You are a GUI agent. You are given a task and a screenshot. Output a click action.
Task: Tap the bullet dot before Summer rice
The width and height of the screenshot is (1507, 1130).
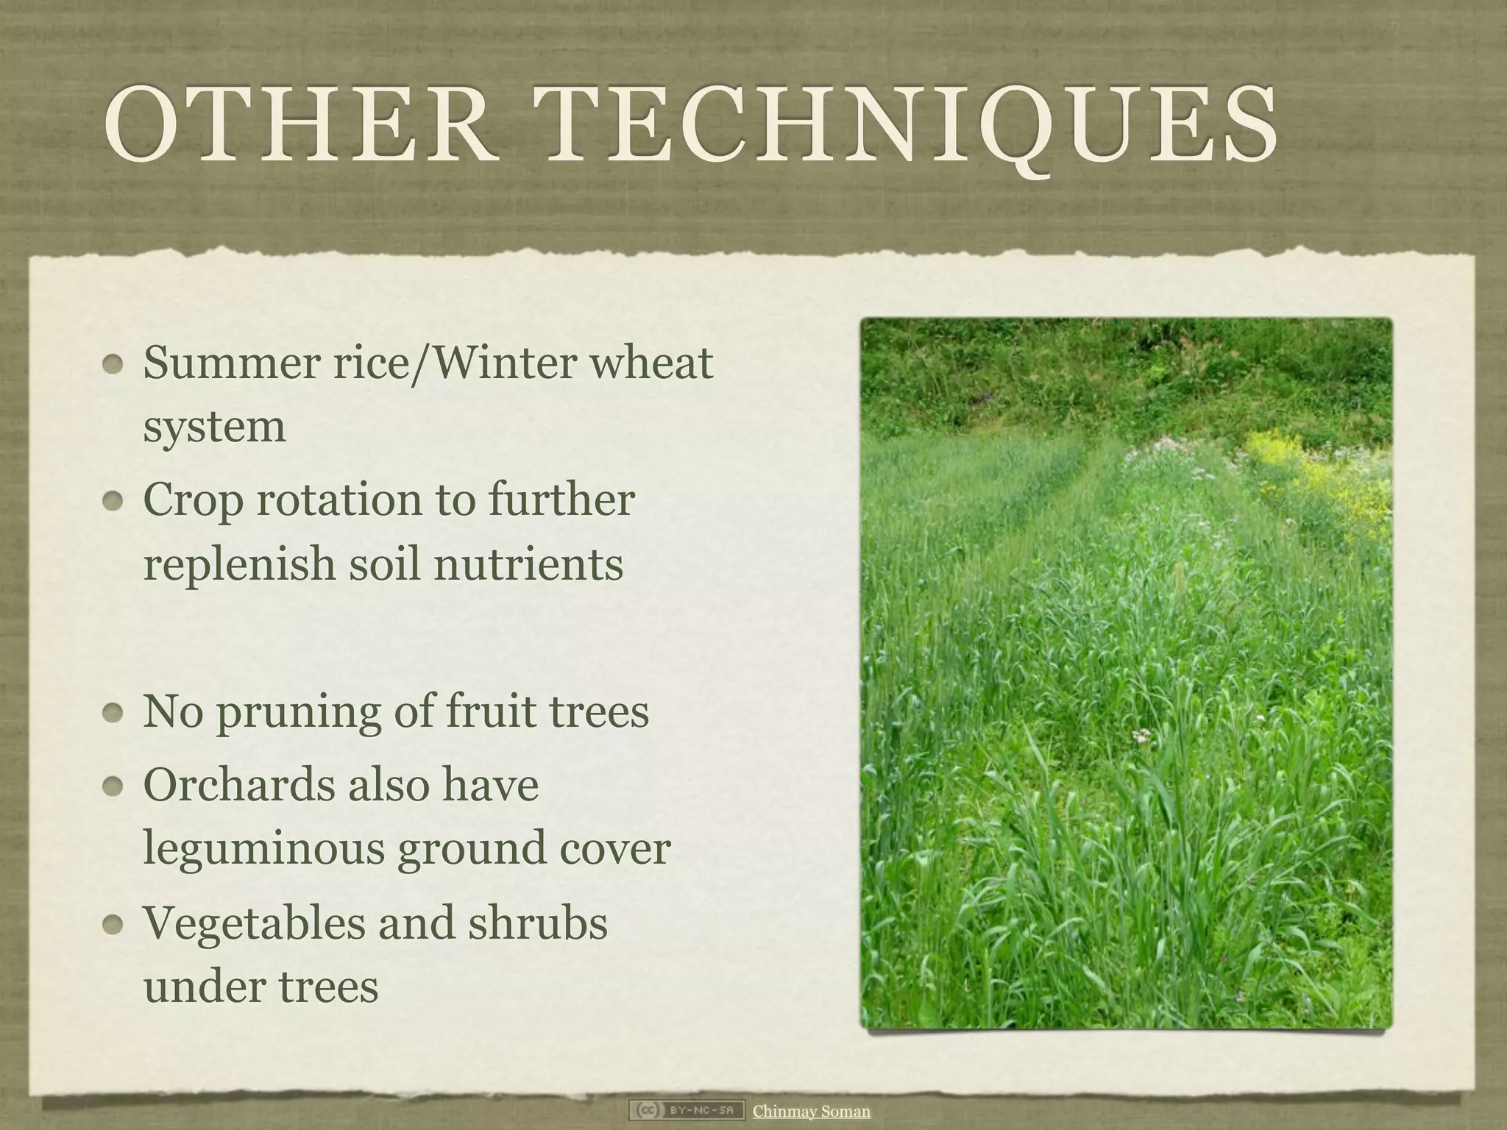113,364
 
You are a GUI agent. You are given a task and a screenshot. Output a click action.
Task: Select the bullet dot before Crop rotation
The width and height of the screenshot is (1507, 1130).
113,501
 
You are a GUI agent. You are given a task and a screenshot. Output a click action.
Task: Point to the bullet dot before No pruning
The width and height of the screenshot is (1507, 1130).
113,712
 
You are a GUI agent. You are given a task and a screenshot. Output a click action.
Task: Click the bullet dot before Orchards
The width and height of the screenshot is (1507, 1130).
113,786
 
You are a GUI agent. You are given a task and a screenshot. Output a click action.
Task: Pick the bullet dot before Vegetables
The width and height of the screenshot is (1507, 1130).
113,924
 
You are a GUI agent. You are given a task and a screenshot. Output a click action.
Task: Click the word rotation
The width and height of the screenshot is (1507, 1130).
339,500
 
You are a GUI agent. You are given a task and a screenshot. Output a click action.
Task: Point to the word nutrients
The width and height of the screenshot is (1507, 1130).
528,564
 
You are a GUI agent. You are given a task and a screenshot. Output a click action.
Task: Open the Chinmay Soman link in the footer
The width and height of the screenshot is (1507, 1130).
811,1111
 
